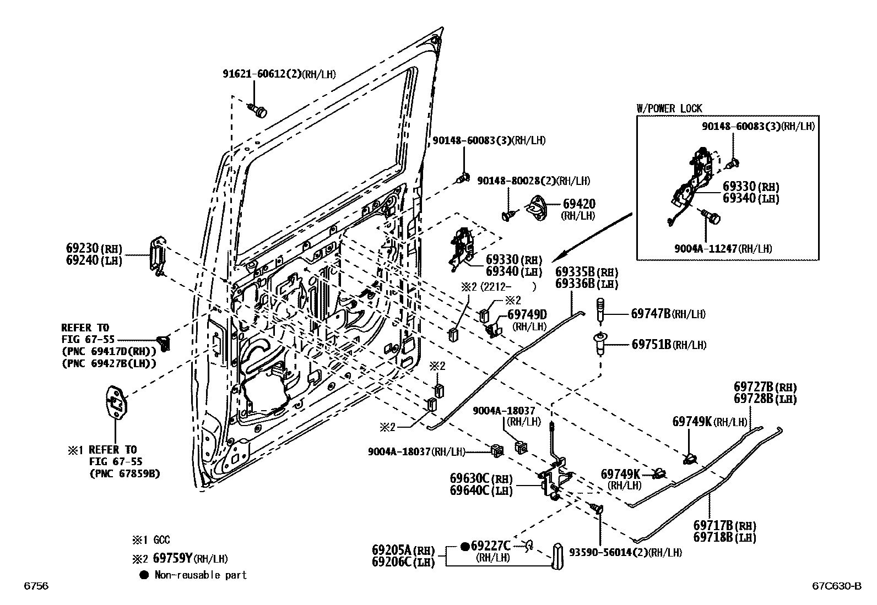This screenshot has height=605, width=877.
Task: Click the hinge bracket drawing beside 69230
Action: pos(157,255)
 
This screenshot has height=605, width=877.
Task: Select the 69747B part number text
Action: pos(651,314)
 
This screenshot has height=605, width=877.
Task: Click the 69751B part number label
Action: pos(651,345)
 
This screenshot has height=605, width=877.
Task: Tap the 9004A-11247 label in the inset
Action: pos(705,249)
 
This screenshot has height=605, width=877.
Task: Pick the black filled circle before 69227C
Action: pos(464,546)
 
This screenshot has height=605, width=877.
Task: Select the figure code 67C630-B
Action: pos(834,586)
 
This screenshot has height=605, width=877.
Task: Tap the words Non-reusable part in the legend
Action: pos(201,575)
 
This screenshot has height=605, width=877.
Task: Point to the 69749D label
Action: pos(527,314)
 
